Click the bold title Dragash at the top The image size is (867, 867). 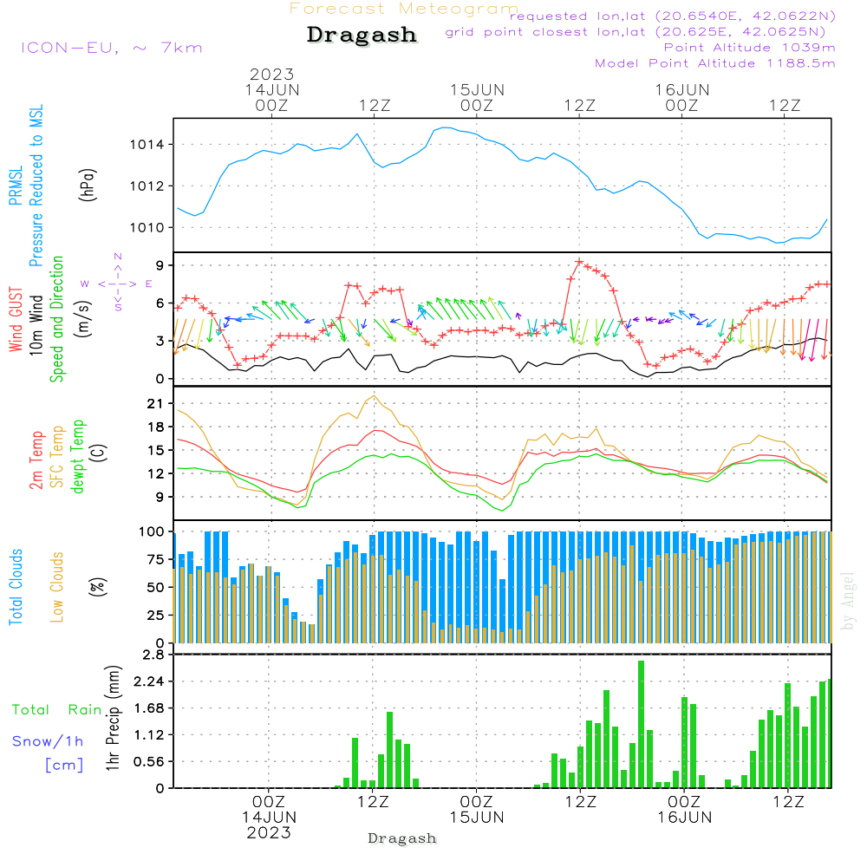pyautogui.click(x=362, y=35)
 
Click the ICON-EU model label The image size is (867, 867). pyautogui.click(x=111, y=48)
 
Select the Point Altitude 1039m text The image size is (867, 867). pyautogui.click(x=749, y=48)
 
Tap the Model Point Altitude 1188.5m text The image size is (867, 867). pyautogui.click(x=715, y=63)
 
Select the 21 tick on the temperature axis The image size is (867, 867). pyautogui.click(x=157, y=403)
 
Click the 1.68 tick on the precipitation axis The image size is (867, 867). pyautogui.click(x=150, y=708)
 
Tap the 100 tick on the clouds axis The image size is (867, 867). pyautogui.click(x=153, y=531)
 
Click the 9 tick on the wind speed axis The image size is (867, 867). pyautogui.click(x=162, y=264)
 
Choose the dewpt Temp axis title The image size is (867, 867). pyautogui.click(x=78, y=457)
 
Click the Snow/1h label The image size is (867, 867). pyautogui.click(x=48, y=741)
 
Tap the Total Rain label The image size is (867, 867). pyautogui.click(x=56, y=710)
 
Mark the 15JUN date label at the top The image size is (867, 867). pyautogui.click(x=476, y=89)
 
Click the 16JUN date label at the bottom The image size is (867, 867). pyautogui.click(x=684, y=818)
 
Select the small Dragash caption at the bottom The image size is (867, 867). pyautogui.click(x=402, y=838)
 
